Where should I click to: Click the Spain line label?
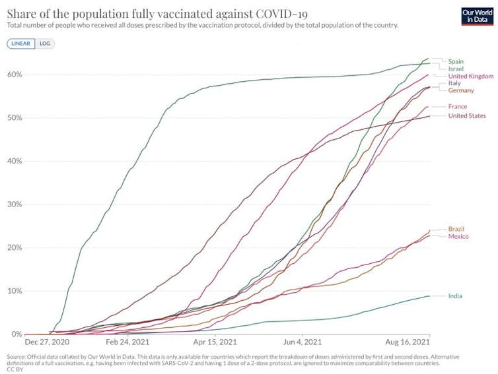[x=456, y=61]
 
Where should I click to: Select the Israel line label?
[x=456, y=69]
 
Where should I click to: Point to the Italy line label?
[x=454, y=83]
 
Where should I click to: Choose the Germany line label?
[x=461, y=90]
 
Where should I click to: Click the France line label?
[x=457, y=106]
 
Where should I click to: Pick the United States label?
[x=467, y=116]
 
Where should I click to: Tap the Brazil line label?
[x=456, y=229]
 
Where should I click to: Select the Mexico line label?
[x=458, y=236]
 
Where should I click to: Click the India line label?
[x=455, y=296]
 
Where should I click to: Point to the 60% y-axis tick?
[x=15, y=75]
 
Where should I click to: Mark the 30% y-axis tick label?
[x=15, y=204]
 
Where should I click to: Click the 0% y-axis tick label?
[x=17, y=334]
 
